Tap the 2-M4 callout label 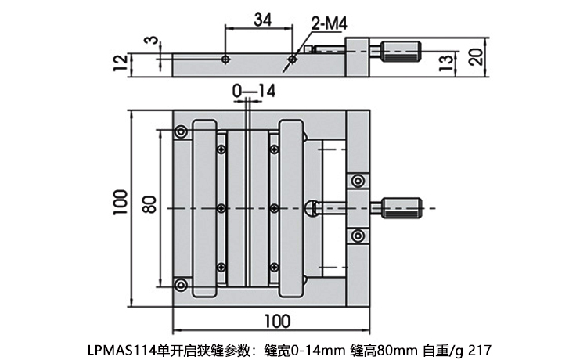pyautogui.click(x=328, y=24)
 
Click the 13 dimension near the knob pyautogui.click(x=444, y=63)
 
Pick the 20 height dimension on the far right pyautogui.click(x=474, y=57)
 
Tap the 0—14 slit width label pyautogui.click(x=254, y=92)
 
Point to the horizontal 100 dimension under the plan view pyautogui.click(x=275, y=321)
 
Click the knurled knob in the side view pyautogui.click(x=401, y=52)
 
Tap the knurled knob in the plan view pyautogui.click(x=401, y=207)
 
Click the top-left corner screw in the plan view pyautogui.click(x=181, y=131)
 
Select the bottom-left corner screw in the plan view pyautogui.click(x=181, y=283)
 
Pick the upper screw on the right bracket pyautogui.click(x=358, y=181)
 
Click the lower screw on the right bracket pyautogui.click(x=358, y=234)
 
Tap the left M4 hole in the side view pyautogui.click(x=225, y=59)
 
